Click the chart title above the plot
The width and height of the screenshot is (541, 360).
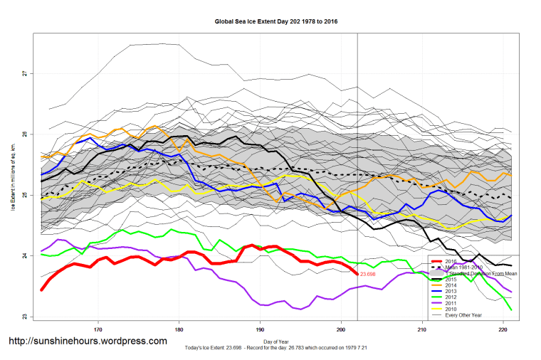275,21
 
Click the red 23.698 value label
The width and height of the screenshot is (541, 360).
368,274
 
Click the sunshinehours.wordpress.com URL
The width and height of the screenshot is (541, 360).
87,341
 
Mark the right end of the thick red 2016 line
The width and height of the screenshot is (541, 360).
357,273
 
